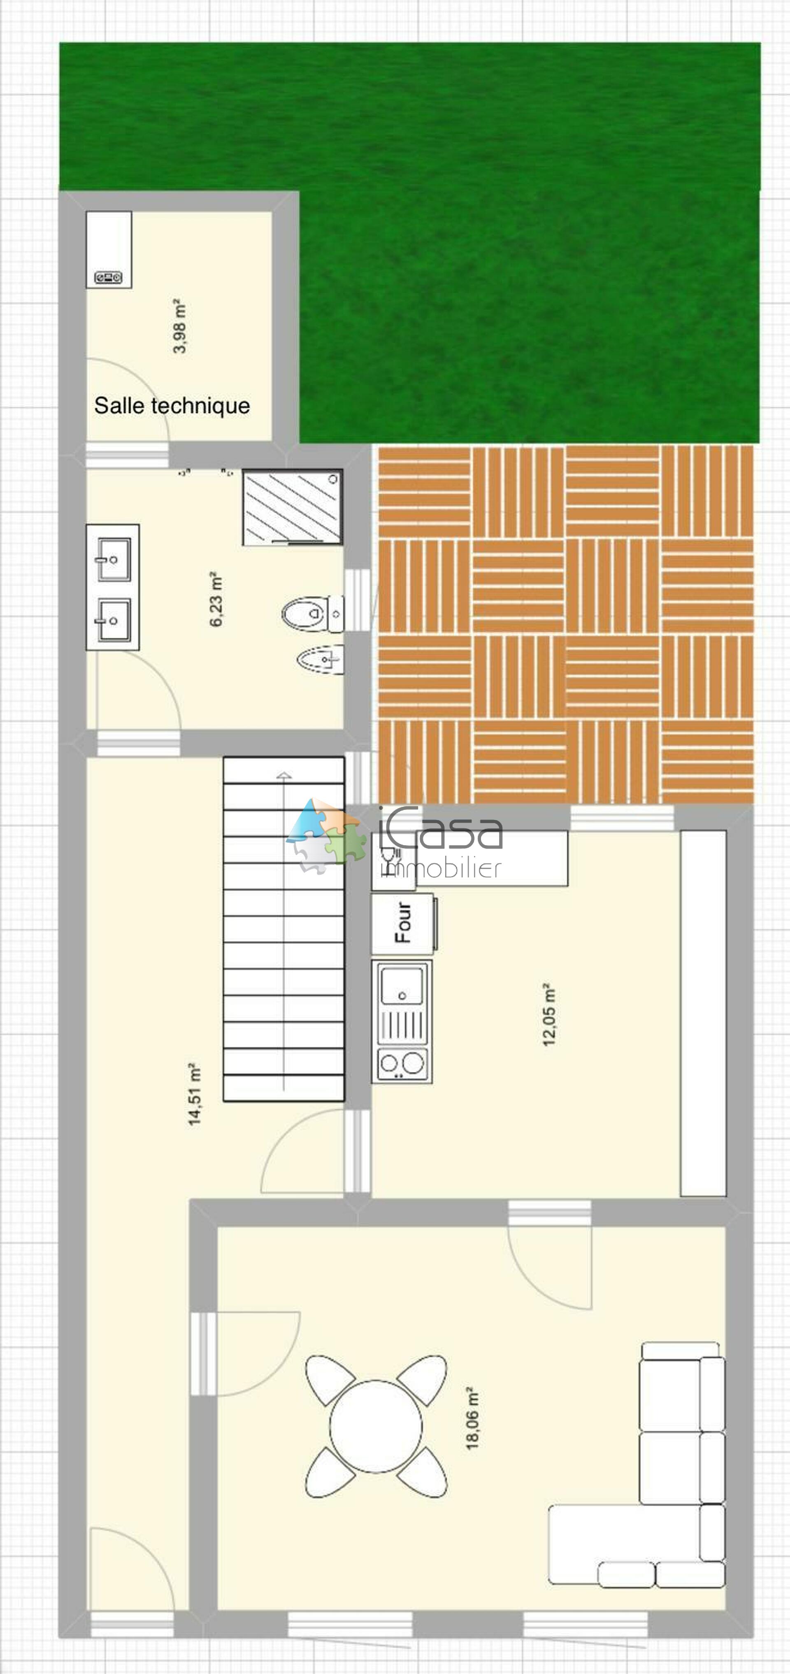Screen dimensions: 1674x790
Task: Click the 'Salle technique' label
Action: pyautogui.click(x=172, y=405)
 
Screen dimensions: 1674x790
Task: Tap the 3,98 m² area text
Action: pyautogui.click(x=180, y=326)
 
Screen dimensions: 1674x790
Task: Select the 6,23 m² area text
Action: pyautogui.click(x=216, y=599)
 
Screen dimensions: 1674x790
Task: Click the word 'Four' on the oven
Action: pyautogui.click(x=403, y=922)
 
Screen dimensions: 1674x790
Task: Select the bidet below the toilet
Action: pyautogui.click(x=318, y=660)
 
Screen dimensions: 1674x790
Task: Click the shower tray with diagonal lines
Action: pyautogui.click(x=293, y=507)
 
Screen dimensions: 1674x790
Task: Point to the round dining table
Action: pyautogui.click(x=376, y=1426)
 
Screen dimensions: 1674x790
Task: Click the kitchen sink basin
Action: pyautogui.click(x=402, y=986)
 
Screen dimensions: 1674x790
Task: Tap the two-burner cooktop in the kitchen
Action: pyautogui.click(x=402, y=1064)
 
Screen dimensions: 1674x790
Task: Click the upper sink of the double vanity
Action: pyautogui.click(x=114, y=559)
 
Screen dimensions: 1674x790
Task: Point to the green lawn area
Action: pyautogui.click(x=520, y=228)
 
